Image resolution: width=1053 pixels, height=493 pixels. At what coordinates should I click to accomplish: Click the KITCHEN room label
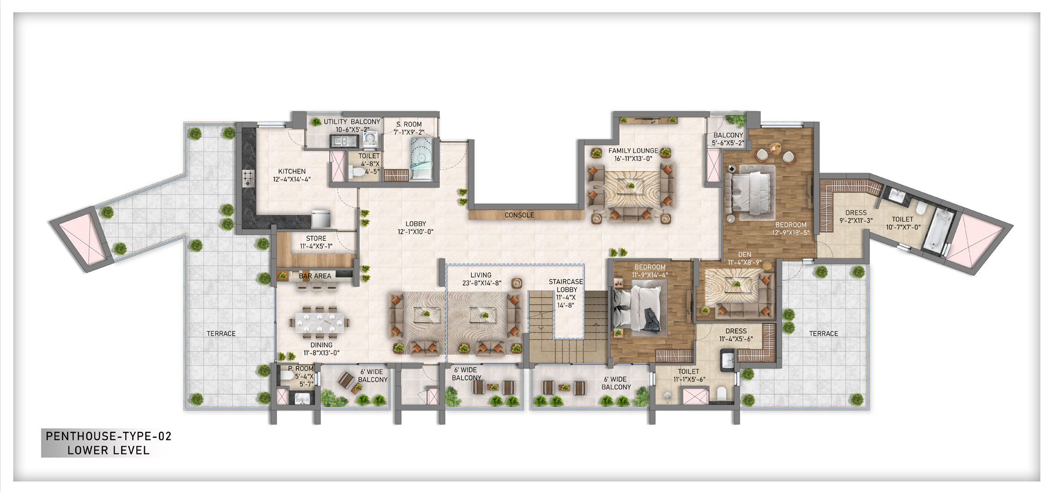tap(292, 172)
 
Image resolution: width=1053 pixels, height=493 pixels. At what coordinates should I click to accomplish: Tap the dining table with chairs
tap(320, 322)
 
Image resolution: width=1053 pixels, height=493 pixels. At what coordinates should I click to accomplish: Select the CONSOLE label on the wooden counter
tap(519, 215)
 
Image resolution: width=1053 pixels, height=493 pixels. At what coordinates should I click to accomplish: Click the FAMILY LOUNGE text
tap(633, 151)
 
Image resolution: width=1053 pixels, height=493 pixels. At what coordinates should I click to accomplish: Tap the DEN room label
tap(744, 255)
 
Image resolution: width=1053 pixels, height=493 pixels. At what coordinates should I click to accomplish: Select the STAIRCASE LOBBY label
tap(566, 286)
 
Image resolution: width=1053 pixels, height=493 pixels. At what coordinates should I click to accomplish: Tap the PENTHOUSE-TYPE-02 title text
tap(108, 436)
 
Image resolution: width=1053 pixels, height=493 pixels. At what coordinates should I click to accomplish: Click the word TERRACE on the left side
tap(221, 334)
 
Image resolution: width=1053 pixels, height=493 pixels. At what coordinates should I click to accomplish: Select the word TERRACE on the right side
tap(823, 334)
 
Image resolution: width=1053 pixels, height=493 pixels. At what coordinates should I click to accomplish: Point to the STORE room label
tap(316, 238)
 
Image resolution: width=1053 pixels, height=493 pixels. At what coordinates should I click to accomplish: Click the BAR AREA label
tap(315, 276)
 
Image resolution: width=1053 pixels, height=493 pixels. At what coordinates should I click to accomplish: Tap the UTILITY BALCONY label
tap(352, 122)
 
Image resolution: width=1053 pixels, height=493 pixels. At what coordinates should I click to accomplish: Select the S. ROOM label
tap(409, 125)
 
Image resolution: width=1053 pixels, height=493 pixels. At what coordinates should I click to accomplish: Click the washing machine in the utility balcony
tap(370, 139)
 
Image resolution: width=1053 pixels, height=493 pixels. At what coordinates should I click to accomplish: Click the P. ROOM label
tap(301, 369)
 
